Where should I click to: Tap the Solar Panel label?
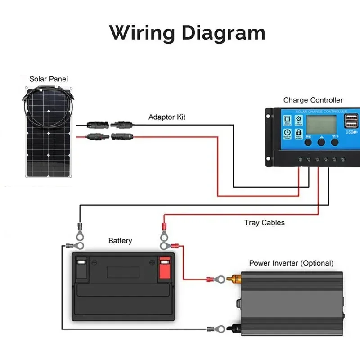(49, 79)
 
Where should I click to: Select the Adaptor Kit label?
(167, 117)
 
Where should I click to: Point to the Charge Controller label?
(313, 100)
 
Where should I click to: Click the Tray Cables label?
(265, 223)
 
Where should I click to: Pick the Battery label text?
(120, 241)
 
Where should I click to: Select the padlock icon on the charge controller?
(299, 133)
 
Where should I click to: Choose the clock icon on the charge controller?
(287, 133)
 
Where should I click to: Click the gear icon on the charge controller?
(299, 120)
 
